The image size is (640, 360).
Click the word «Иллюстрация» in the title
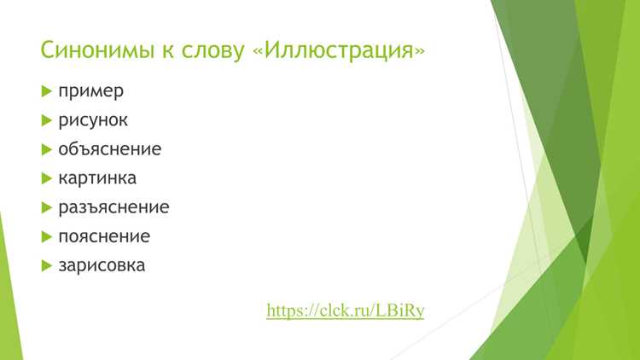[x=339, y=50]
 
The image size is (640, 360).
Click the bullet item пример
[x=90, y=91]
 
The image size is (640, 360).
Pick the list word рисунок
[x=93, y=120]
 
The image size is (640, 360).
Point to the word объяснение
[x=110, y=149]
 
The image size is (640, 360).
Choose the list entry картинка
[x=97, y=178]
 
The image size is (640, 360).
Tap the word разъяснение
[x=113, y=207]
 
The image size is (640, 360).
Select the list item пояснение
[x=104, y=236]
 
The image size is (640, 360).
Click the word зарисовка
[x=102, y=265]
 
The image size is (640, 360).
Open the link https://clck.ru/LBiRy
[x=346, y=311]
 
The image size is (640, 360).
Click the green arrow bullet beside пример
[x=47, y=91]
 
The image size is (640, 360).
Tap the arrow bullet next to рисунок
[x=47, y=120]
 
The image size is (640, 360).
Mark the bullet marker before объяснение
[x=47, y=149]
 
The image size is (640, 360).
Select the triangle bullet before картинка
[x=47, y=178]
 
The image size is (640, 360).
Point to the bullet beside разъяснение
[x=47, y=208]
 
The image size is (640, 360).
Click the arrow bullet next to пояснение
[x=47, y=237]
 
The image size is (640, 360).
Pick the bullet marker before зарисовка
[x=47, y=265]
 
